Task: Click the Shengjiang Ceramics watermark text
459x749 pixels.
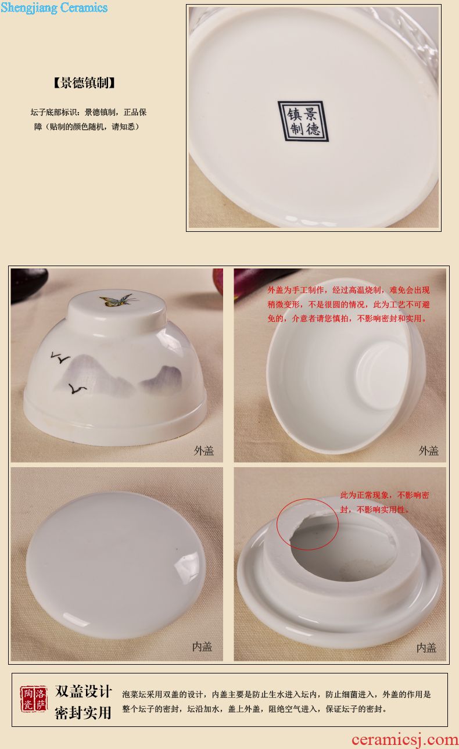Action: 54,8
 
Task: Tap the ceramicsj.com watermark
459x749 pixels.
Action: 405,739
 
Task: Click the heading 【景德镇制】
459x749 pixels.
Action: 84,83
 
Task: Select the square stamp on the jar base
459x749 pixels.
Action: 303,121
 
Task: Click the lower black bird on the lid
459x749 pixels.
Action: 77,388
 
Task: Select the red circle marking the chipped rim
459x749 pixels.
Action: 308,524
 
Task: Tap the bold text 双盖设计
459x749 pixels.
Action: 83,691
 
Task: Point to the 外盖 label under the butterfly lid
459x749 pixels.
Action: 203,451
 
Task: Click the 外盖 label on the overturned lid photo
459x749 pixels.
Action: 429,451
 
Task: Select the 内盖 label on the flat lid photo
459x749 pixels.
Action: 202,647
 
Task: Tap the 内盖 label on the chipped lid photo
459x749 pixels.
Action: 426,648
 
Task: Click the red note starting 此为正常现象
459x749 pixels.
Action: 385,502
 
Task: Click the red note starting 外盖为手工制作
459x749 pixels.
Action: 349,304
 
